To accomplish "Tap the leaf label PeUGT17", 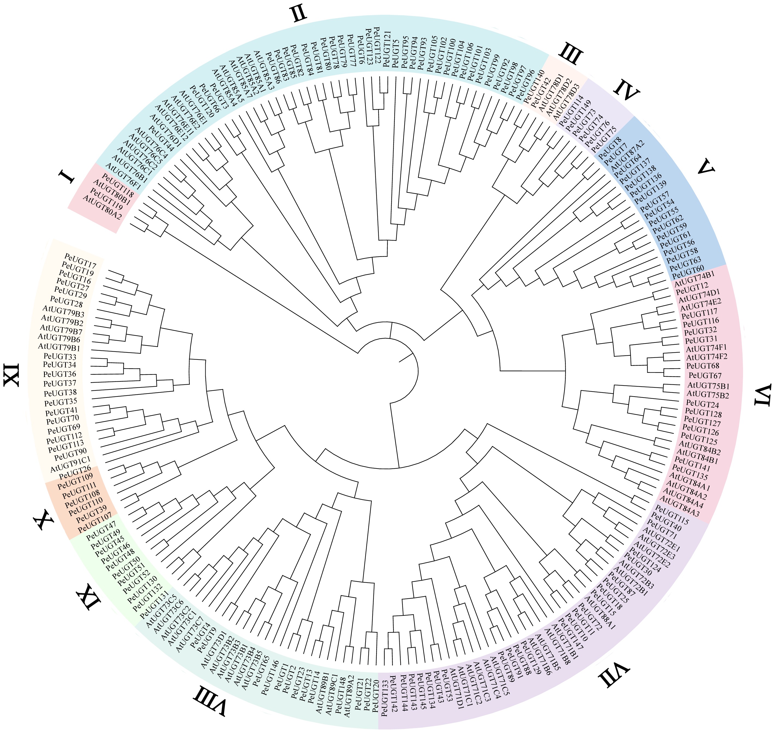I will point(80,259).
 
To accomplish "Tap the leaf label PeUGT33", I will point(60,357).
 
